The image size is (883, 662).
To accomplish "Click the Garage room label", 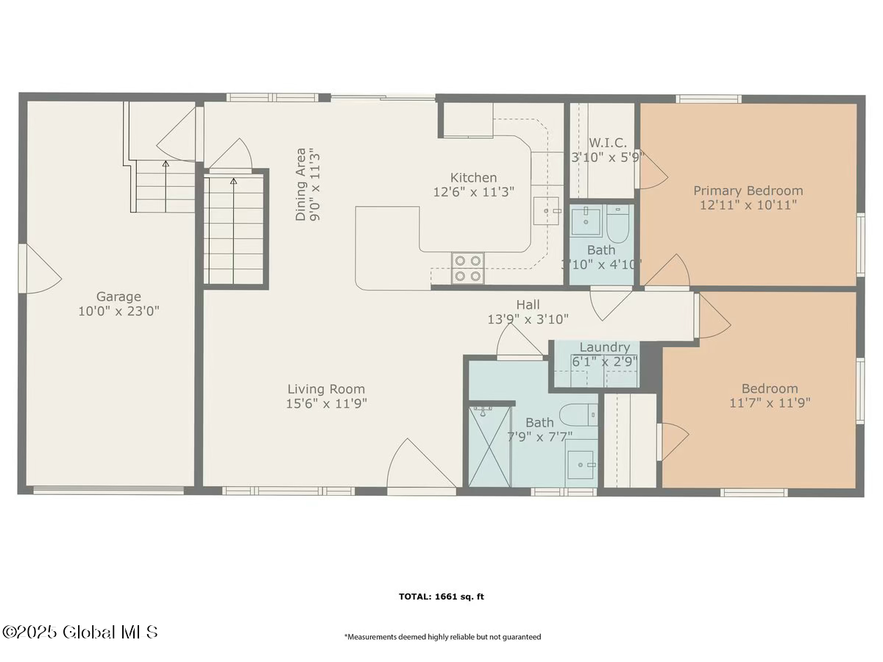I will point(118,296).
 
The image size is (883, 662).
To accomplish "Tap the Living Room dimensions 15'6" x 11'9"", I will point(326,403).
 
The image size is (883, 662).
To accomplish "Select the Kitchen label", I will point(473,177).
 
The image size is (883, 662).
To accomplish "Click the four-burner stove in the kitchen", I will point(467,268).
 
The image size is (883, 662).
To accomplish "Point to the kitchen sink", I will point(546,210).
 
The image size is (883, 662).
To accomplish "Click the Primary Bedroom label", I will point(748,191).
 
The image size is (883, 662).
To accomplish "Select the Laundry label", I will point(604,347).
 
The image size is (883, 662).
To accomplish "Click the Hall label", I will point(528,305).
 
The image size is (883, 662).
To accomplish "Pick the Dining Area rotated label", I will point(301,185).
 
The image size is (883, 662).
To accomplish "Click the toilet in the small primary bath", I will point(618,224).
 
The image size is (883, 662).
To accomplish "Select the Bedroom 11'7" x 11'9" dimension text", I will point(770,403).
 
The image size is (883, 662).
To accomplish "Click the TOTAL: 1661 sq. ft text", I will point(441,597).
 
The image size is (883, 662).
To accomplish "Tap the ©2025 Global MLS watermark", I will point(79,632).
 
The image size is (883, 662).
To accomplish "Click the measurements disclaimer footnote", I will point(442,637).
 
